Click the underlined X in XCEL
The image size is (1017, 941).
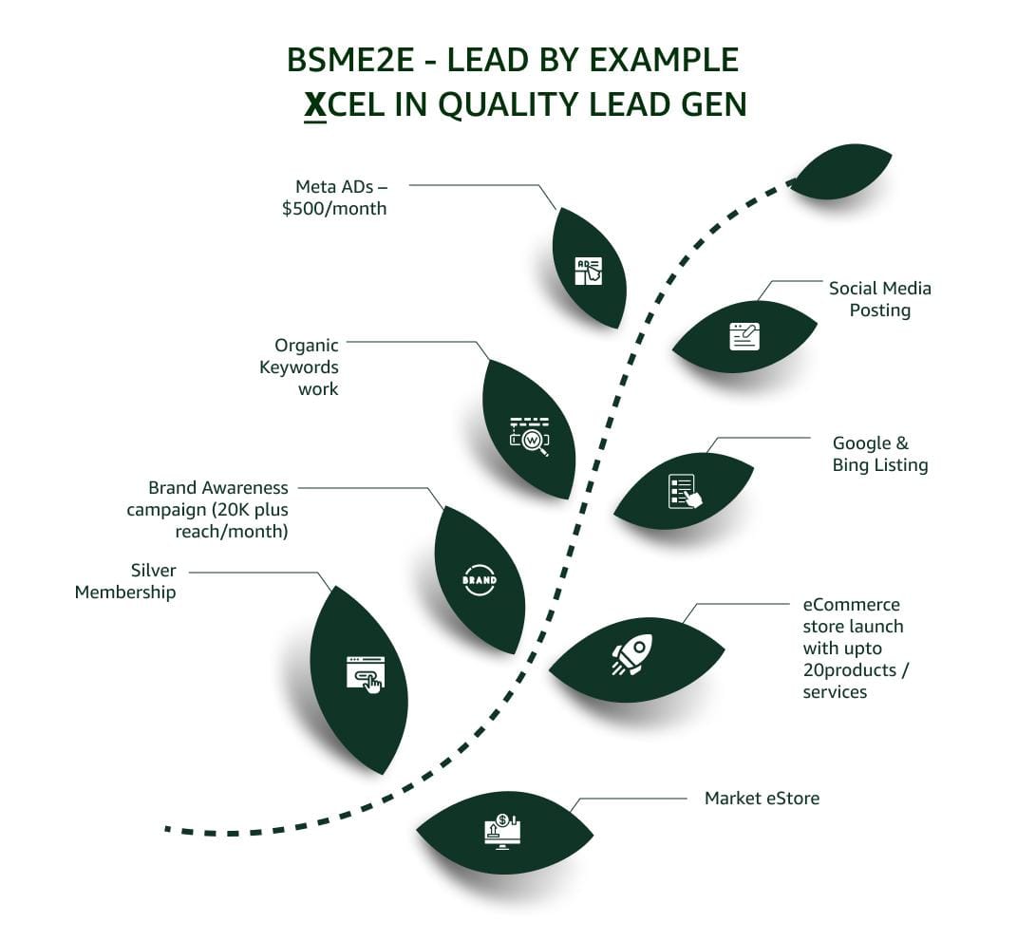(315, 104)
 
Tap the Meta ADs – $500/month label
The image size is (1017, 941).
(334, 198)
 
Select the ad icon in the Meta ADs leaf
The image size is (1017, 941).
(589, 271)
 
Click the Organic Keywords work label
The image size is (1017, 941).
(299, 367)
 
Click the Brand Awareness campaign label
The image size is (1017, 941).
(208, 509)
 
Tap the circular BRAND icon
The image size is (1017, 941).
(479, 579)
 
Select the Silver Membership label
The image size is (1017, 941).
(125, 581)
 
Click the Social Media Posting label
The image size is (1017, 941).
(879, 299)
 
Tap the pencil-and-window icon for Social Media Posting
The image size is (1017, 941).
(744, 336)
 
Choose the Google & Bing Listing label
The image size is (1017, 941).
(879, 454)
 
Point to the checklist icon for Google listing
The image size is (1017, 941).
(684, 491)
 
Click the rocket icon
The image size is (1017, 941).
(632, 654)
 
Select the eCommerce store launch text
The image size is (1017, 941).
(853, 648)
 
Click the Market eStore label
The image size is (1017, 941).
(762, 799)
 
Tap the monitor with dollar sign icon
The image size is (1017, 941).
(502, 831)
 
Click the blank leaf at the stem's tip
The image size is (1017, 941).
(841, 172)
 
